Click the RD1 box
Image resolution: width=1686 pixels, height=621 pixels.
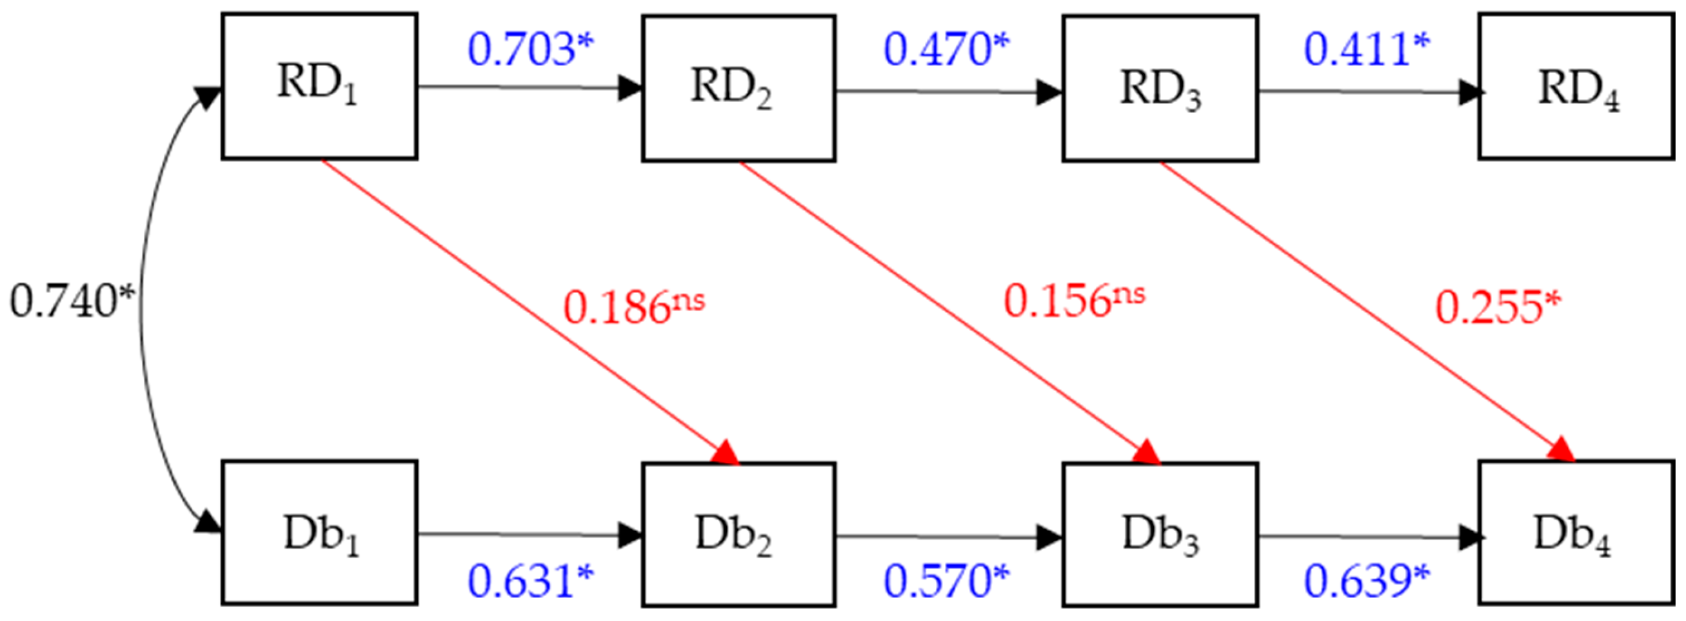[x=319, y=86]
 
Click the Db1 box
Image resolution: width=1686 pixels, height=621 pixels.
[x=319, y=532]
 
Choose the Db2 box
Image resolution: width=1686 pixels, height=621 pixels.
[x=738, y=535]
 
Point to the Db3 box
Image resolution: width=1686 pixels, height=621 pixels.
[x=1160, y=535]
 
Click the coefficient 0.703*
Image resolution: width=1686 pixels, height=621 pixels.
[x=530, y=49]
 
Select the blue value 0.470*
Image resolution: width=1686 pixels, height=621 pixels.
[x=946, y=49]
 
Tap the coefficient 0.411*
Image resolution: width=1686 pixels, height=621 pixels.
[x=1367, y=49]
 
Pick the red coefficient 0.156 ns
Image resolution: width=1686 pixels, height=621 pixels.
[x=1074, y=300]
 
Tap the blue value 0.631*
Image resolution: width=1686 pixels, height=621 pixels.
[x=530, y=581]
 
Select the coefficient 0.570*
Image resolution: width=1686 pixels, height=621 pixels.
[x=946, y=581]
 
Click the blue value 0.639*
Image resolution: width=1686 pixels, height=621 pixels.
[x=1367, y=581]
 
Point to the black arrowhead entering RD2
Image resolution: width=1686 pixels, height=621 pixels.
[x=631, y=87]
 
